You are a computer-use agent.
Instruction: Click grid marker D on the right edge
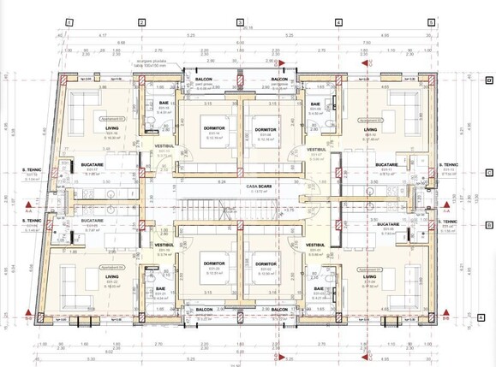[488, 80]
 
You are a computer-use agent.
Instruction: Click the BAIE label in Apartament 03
[163, 104]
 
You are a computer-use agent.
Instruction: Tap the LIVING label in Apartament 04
[112, 276]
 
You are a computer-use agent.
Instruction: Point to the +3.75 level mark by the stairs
[290, 208]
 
